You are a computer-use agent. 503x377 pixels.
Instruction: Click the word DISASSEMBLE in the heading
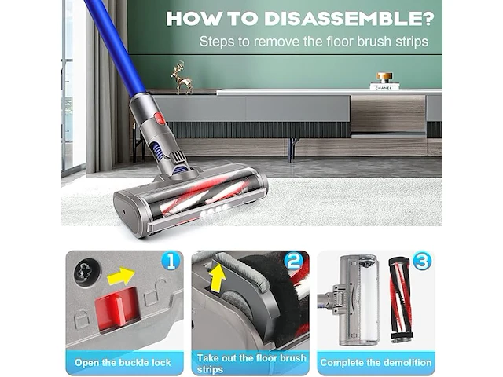click(x=349, y=19)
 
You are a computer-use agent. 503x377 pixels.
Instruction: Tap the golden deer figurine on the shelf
click(x=182, y=78)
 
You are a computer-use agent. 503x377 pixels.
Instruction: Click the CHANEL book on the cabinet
click(x=384, y=86)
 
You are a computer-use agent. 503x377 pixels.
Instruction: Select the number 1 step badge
click(x=171, y=261)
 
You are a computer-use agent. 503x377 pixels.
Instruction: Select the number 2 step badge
click(x=294, y=261)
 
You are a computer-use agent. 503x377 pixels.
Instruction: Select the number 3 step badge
click(x=422, y=261)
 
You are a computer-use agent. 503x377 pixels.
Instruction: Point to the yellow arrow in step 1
click(x=120, y=276)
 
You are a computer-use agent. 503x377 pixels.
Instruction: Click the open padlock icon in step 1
click(x=154, y=293)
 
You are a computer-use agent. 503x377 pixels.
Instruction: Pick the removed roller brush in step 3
click(x=401, y=298)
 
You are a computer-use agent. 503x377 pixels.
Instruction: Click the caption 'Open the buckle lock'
click(x=123, y=363)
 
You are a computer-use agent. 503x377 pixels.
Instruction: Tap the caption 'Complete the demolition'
click(x=376, y=363)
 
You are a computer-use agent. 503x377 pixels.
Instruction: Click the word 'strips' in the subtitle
click(x=412, y=42)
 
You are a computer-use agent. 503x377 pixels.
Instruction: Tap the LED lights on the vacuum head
click(x=214, y=210)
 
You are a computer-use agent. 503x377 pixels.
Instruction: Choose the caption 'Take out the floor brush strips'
click(x=251, y=363)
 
